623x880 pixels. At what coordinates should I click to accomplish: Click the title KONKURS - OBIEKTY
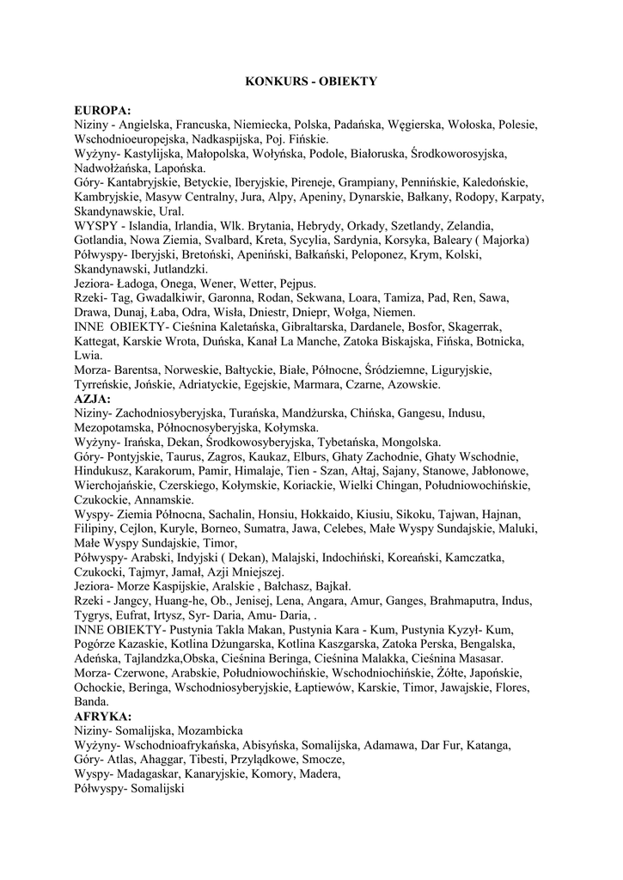click(311, 82)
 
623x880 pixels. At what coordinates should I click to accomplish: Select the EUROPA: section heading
click(103, 111)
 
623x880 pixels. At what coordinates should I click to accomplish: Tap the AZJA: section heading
click(93, 400)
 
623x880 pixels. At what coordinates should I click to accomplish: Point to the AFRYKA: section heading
click(103, 716)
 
